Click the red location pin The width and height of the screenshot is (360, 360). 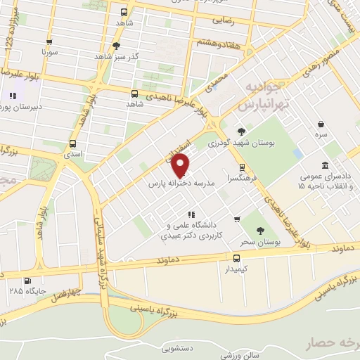coord(181,167)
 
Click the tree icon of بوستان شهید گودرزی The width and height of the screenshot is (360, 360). coord(242,131)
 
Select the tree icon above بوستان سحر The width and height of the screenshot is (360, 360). coord(261,230)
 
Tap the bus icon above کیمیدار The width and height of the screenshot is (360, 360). coord(236,258)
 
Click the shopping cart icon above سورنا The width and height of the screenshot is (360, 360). coord(49,41)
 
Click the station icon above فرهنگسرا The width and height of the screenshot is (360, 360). coord(242,167)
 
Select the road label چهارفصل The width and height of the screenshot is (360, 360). coord(66,293)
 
